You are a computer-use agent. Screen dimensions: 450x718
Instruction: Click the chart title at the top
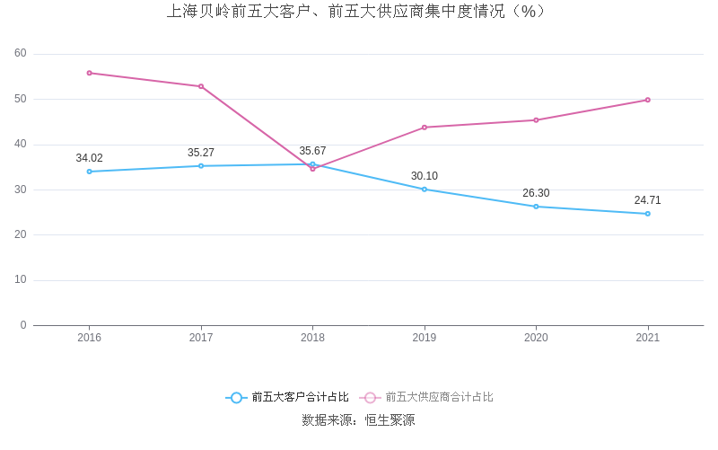[356, 12]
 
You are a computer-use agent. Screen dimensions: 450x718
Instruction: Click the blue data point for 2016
[89, 172]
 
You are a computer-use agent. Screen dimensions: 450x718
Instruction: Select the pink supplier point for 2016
[89, 73]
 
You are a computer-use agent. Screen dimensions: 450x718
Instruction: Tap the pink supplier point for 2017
[201, 86]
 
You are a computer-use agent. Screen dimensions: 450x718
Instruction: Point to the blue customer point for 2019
[425, 189]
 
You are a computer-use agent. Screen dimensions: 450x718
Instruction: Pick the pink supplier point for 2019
[425, 128]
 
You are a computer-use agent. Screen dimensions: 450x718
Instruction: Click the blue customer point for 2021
[647, 214]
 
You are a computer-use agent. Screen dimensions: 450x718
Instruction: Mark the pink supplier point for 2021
[647, 100]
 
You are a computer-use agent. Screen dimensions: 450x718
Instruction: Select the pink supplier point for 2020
[536, 120]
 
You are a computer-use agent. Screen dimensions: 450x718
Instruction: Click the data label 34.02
[89, 158]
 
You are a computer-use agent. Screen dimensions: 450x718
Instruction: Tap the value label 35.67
[312, 151]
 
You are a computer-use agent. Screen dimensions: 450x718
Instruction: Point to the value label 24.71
[647, 200]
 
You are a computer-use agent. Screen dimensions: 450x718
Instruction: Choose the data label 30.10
[425, 176]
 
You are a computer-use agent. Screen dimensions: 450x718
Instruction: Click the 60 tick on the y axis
[21, 54]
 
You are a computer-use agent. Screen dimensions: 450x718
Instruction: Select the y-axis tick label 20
[21, 234]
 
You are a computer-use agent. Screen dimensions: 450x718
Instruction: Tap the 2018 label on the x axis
[312, 338]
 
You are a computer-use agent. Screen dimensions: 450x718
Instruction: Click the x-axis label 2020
[536, 338]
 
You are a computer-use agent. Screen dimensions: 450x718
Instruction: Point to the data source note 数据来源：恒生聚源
[358, 419]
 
